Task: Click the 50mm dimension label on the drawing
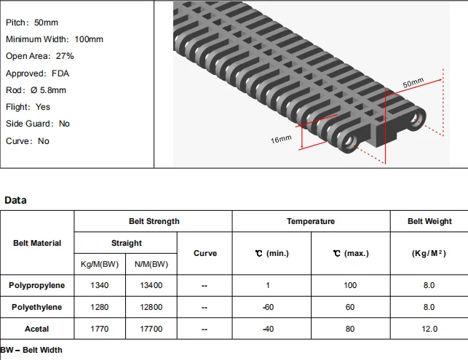[413, 84]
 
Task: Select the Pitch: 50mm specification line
[27, 23]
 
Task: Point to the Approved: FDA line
[37, 73]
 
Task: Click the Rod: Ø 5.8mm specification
[36, 90]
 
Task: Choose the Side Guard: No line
[38, 124]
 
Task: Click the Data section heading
[15, 200]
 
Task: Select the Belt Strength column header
[154, 221]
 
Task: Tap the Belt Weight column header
[429, 221]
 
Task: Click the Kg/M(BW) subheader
[100, 264]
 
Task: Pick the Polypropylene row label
[37, 286]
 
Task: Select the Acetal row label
[37, 329]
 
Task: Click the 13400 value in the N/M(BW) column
[151, 286]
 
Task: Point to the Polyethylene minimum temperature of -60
[268, 307]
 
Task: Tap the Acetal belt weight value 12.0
[429, 329]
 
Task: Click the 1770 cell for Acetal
[100, 329]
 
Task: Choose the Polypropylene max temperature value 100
[350, 286]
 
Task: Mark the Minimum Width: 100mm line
[55, 39]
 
